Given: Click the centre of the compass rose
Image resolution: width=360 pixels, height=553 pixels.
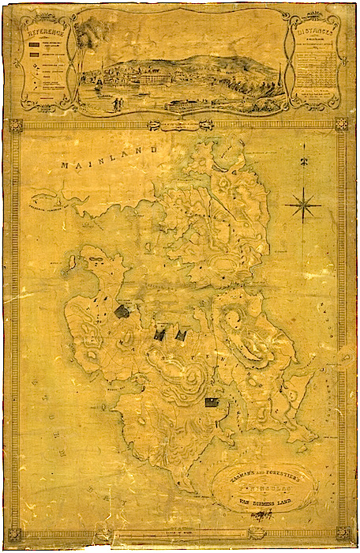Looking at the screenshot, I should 303,207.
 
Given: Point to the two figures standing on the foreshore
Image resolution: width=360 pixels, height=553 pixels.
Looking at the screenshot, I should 116,103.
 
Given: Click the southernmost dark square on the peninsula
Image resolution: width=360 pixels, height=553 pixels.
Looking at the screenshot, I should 212,402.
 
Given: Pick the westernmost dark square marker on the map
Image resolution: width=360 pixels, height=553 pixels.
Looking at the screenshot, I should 122,311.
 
